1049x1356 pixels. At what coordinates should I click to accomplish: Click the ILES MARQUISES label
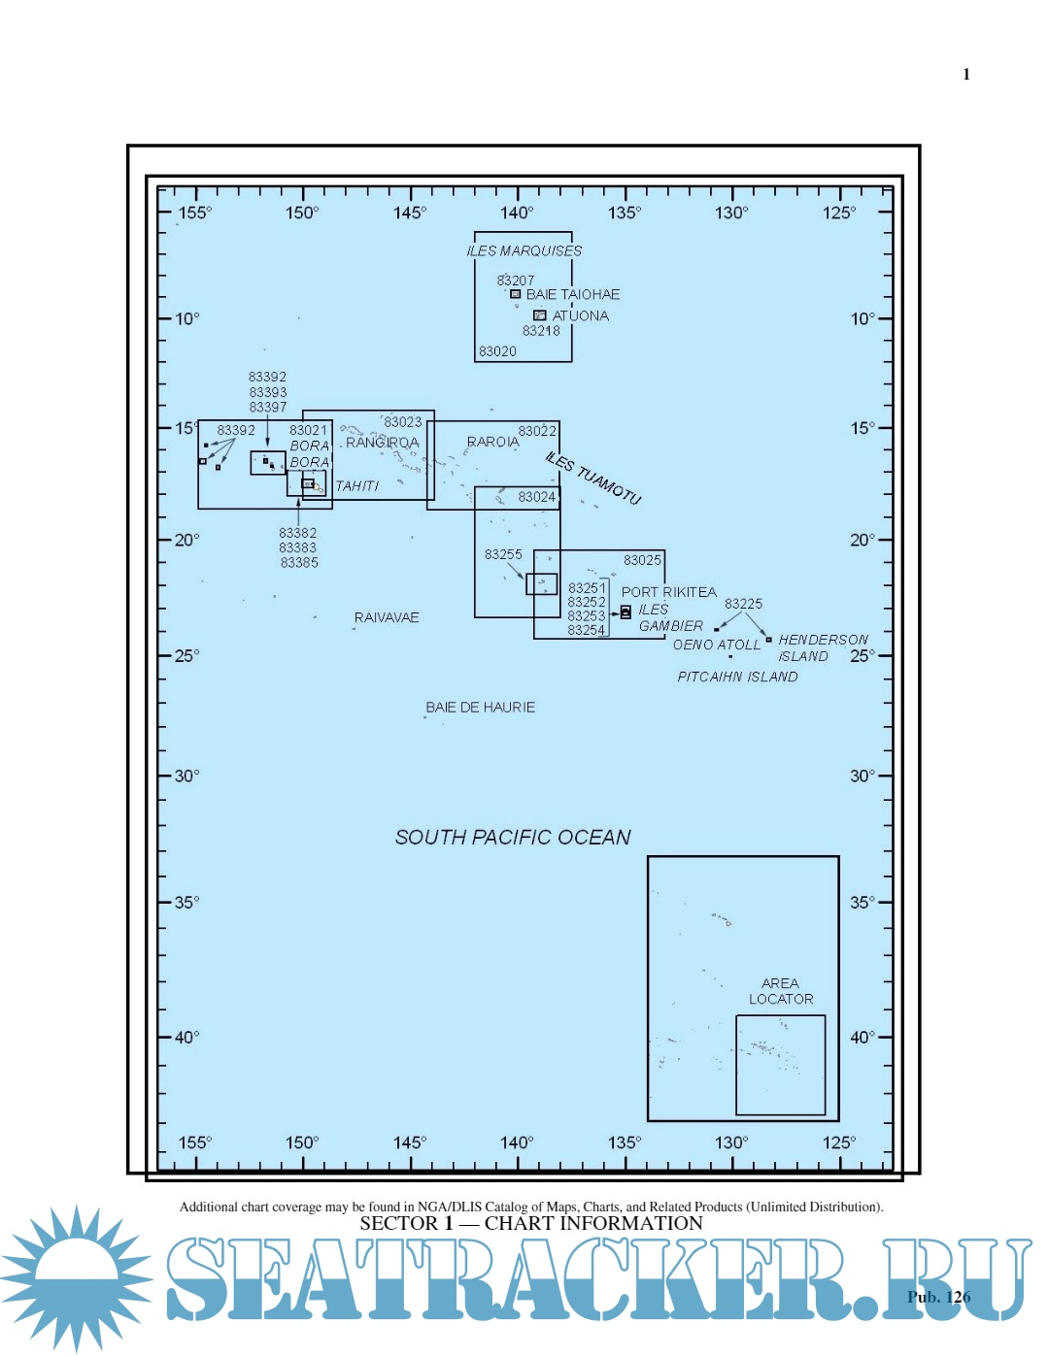(x=524, y=250)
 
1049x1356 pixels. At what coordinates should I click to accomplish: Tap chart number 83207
(x=516, y=281)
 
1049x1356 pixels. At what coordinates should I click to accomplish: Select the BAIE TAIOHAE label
(x=573, y=294)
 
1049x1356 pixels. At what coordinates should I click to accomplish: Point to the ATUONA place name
(x=581, y=315)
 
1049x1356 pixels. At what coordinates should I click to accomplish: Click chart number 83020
(x=497, y=351)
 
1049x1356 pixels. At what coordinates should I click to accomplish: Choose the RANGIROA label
(x=383, y=443)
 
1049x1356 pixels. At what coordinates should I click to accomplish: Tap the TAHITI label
(x=357, y=486)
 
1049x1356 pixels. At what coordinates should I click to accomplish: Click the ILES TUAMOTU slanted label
(x=593, y=478)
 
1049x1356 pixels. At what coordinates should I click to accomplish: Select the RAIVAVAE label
(x=387, y=617)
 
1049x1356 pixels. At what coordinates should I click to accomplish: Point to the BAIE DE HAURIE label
(x=480, y=707)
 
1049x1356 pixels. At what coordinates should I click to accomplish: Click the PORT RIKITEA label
(x=668, y=592)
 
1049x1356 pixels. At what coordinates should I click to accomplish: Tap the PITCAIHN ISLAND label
(x=737, y=678)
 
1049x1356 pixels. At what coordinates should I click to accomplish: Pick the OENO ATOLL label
(x=716, y=645)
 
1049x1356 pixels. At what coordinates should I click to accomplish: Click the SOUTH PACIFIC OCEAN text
(x=513, y=837)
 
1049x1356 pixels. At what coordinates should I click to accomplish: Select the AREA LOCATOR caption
(x=781, y=991)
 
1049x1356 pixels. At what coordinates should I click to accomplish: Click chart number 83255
(x=503, y=554)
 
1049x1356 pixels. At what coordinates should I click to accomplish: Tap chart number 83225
(x=743, y=604)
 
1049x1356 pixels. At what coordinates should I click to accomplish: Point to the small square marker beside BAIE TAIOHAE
(x=516, y=294)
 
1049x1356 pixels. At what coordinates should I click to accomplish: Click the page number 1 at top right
(x=966, y=75)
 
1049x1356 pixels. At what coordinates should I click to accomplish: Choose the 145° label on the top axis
(x=410, y=213)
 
